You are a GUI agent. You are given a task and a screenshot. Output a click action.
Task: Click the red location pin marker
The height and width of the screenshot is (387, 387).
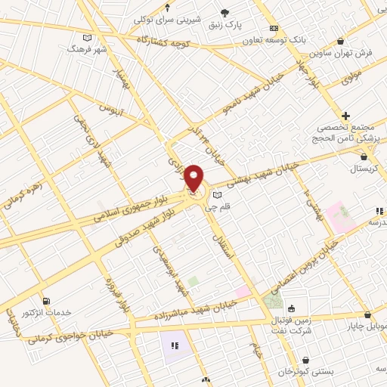(194, 178)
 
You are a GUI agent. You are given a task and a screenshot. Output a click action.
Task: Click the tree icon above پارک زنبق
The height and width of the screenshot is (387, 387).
(224, 12)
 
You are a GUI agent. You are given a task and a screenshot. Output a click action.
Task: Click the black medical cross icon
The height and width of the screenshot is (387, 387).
(345, 116)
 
